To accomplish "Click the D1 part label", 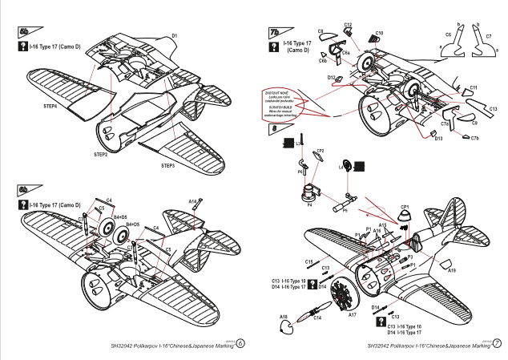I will (x=175, y=36).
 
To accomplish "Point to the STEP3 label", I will (x=167, y=165).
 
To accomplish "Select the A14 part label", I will (x=193, y=202).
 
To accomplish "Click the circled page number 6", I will (x=240, y=343).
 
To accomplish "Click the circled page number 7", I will (x=498, y=343).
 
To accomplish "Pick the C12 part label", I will (x=348, y=25).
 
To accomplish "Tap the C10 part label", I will (x=379, y=33).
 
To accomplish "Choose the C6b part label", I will (x=322, y=59).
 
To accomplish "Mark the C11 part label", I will (x=474, y=87).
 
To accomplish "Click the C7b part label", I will (x=474, y=139).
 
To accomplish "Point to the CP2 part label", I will (x=320, y=150).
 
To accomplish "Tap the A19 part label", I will (x=453, y=271).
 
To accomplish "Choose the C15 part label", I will (x=308, y=261).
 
